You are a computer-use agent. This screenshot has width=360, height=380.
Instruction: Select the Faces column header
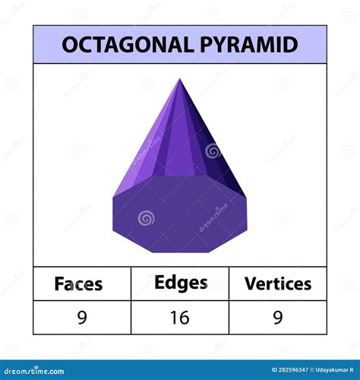coord(78,284)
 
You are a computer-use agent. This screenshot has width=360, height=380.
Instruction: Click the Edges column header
coord(180,283)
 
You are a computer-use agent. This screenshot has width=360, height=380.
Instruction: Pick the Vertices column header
coord(278,283)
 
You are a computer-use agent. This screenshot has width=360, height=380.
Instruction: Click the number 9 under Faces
coord(81,317)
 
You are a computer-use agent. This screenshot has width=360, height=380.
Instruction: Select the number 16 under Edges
coord(180,317)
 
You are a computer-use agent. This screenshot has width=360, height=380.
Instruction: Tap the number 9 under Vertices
coord(278,317)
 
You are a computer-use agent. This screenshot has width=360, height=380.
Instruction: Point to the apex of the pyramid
coord(180,79)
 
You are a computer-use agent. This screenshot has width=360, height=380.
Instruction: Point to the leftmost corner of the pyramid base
coord(113,199)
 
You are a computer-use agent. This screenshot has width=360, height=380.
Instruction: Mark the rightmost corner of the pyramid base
coord(248,199)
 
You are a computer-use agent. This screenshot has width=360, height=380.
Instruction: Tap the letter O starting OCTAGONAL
coord(69,44)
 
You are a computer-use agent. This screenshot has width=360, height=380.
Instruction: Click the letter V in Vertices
coord(250,283)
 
